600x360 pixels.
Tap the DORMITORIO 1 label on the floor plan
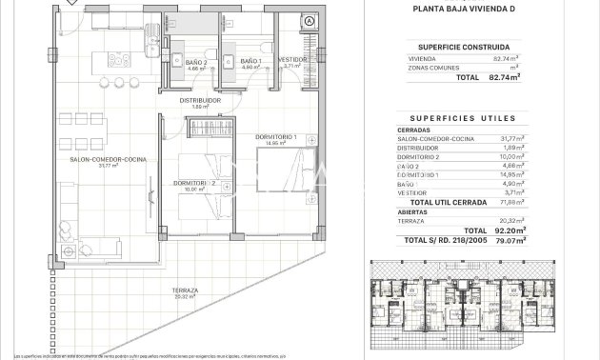point(277,137)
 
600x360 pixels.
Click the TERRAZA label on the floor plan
point(185,290)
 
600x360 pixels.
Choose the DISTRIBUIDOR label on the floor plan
point(200,100)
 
